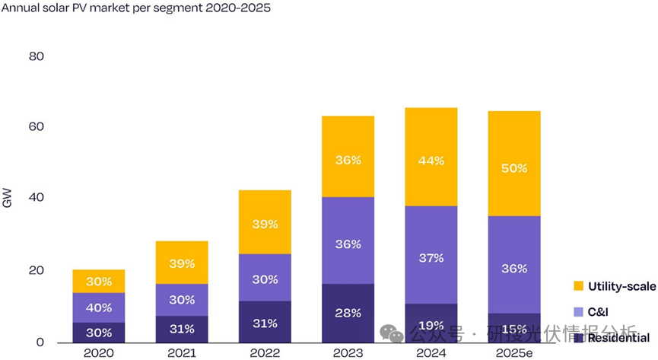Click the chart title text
pos(136,9)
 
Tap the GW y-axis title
pos(8,199)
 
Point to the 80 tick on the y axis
pos(37,56)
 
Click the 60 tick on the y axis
pos(37,126)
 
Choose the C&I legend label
pos(598,312)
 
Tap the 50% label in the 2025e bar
pos(513,168)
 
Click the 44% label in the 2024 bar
pos(431,161)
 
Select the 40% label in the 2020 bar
pos(99,307)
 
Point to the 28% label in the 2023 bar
pos(348,314)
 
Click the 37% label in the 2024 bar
pos(431,258)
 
